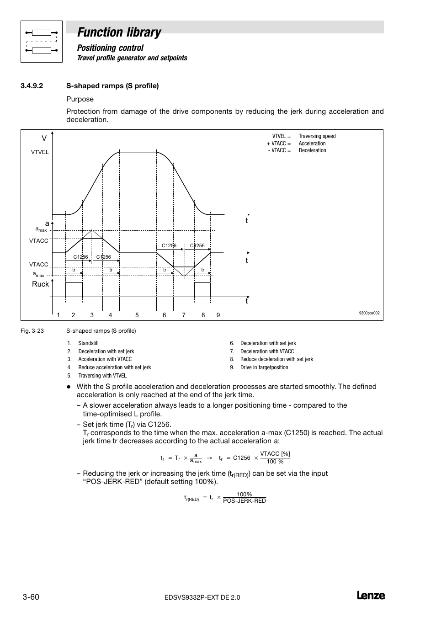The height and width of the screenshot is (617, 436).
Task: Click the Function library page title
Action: pyautogui.click(x=119, y=32)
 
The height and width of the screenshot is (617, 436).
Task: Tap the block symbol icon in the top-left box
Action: pyautogui.click(x=42, y=41)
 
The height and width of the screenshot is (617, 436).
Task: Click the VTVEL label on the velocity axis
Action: pyautogui.click(x=40, y=152)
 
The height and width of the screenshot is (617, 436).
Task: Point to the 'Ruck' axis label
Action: pyautogui.click(x=40, y=284)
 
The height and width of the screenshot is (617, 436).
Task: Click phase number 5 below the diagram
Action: pyautogui.click(x=137, y=315)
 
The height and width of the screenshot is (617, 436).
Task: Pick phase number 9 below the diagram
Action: pyautogui.click(x=218, y=315)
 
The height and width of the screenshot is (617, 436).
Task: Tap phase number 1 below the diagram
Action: pyautogui.click(x=58, y=315)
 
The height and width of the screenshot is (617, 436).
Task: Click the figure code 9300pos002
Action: pyautogui.click(x=369, y=313)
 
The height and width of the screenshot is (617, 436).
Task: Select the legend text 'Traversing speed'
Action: pyautogui.click(x=317, y=136)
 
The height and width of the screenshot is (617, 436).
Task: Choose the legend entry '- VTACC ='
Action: pyautogui.click(x=279, y=150)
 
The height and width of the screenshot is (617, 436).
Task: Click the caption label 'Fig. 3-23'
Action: pyautogui.click(x=32, y=331)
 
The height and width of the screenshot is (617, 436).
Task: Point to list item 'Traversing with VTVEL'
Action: pyautogui.click(x=102, y=376)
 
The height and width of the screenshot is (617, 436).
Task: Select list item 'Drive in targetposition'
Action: pyautogui.click(x=264, y=367)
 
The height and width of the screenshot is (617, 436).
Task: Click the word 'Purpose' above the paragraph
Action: pyautogui.click(x=80, y=99)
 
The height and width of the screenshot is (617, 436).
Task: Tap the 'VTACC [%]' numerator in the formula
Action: pyautogui.click(x=275, y=454)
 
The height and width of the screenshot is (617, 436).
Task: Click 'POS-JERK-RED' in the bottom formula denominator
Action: pyautogui.click(x=244, y=501)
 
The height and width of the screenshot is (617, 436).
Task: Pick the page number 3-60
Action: pyautogui.click(x=31, y=597)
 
